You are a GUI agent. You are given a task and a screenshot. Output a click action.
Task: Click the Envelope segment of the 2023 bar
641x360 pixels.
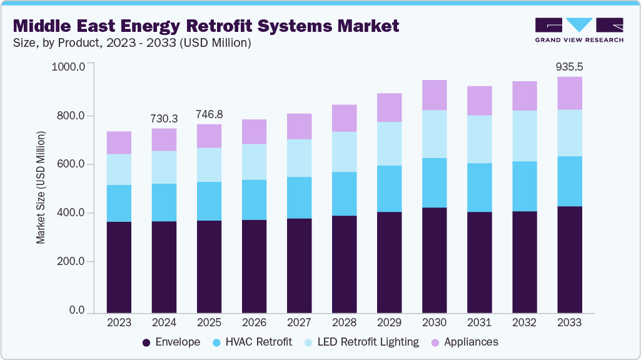click(119, 267)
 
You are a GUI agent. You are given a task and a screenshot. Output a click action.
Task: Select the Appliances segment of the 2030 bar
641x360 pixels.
click(435, 95)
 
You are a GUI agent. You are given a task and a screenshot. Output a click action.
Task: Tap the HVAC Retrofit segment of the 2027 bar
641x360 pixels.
click(299, 197)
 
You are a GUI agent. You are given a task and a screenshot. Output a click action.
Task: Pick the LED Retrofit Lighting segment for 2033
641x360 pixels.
click(570, 132)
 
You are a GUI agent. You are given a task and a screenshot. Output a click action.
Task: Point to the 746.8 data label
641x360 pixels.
click(209, 115)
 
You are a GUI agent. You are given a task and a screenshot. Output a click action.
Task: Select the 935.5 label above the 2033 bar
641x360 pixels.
click(570, 67)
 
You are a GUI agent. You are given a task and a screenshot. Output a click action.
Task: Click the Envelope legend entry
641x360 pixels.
click(171, 342)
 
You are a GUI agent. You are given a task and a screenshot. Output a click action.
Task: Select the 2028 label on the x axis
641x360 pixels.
click(344, 323)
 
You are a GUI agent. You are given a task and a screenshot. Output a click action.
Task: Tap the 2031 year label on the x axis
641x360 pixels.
click(480, 323)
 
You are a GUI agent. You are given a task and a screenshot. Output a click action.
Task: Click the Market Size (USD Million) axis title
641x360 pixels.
click(41, 187)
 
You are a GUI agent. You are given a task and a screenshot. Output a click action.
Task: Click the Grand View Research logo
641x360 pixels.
click(579, 30)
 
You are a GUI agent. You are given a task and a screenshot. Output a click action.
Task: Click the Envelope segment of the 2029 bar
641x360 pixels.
click(390, 262)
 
